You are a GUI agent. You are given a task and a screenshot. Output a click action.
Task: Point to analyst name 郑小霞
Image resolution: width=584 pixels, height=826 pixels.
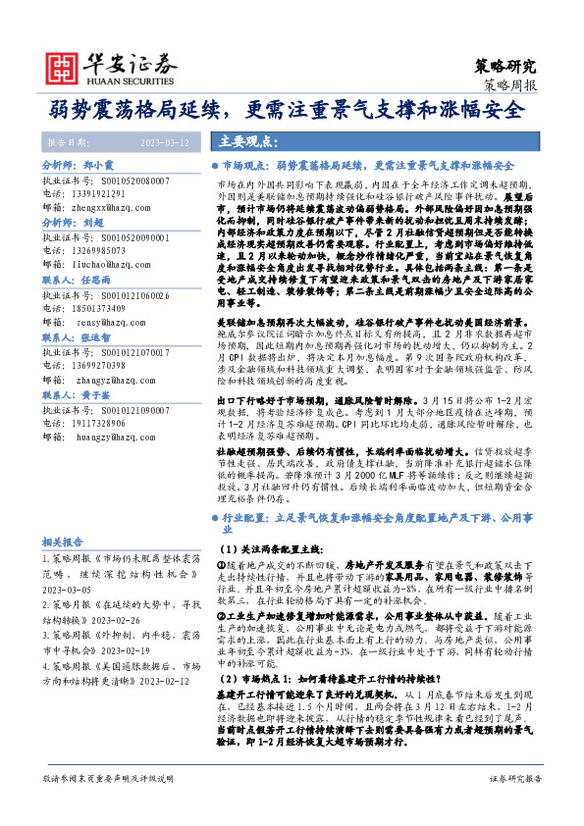point(97,167)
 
